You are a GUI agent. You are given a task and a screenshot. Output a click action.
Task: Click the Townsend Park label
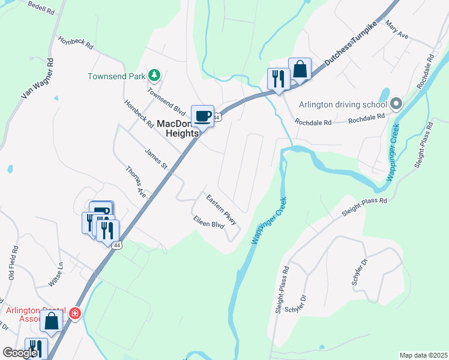click(x=117, y=76)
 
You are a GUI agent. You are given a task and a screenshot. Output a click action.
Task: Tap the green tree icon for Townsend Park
click(x=155, y=74)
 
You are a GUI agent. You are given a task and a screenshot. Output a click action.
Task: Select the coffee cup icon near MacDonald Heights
click(x=202, y=115)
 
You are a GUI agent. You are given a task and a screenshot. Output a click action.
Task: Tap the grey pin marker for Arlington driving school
click(x=396, y=104)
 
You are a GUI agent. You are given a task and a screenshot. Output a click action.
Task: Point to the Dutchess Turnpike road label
click(x=354, y=44)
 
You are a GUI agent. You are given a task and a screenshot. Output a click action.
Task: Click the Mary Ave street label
click(x=397, y=31)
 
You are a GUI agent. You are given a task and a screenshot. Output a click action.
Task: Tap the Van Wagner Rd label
click(x=38, y=79)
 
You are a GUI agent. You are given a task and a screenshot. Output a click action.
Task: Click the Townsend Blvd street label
click(x=166, y=103)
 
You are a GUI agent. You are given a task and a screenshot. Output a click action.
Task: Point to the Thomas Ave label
click(x=136, y=182)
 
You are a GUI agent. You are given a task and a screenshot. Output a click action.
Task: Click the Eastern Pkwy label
click(x=221, y=210)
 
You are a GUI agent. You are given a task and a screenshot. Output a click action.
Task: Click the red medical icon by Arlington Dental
click(x=74, y=313)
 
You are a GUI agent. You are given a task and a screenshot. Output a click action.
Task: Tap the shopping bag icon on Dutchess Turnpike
click(x=300, y=69)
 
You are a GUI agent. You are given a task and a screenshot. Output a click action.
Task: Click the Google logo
click(x=20, y=353)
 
